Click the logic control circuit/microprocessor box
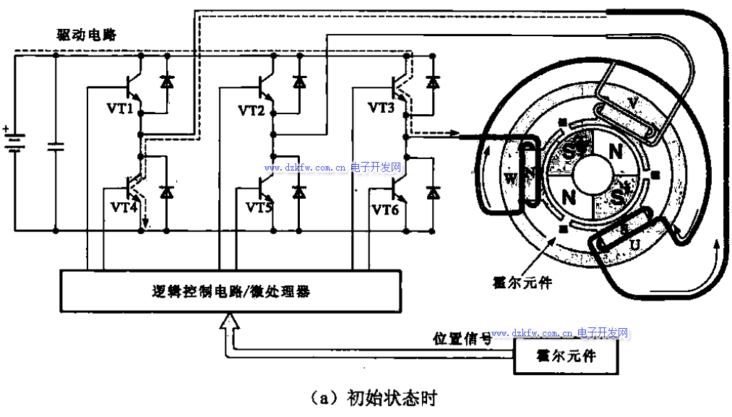[x=231, y=291]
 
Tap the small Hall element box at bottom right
[x=566, y=356]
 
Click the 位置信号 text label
[x=462, y=338]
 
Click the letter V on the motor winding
[x=633, y=103]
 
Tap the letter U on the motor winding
[x=634, y=246]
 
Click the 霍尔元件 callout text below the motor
[x=520, y=283]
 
